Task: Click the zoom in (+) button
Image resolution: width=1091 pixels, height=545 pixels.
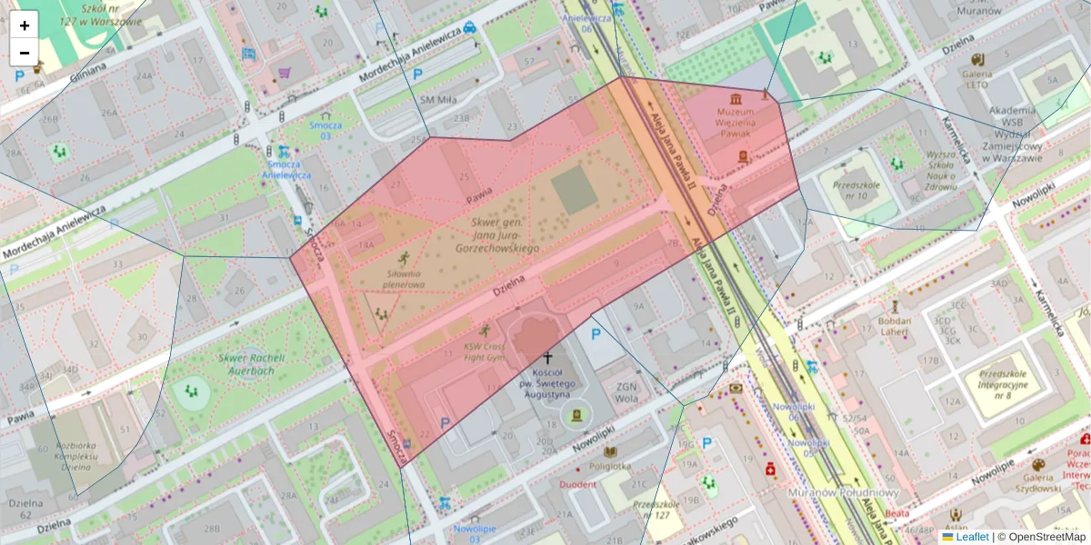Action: point(25,25)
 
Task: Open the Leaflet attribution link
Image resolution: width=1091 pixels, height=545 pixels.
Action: point(971,537)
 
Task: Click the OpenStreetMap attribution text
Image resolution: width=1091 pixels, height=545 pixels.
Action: point(1046,537)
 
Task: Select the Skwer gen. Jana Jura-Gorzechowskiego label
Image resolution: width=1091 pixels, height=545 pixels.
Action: point(496,234)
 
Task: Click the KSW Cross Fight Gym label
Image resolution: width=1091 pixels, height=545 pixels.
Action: point(484,352)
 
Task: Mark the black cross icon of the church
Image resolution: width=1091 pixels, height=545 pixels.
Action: point(547,359)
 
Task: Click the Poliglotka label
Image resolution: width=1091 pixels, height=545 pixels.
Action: point(609,466)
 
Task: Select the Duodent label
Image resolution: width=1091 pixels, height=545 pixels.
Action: point(577,484)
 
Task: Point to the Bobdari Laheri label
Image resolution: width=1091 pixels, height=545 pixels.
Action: point(896,326)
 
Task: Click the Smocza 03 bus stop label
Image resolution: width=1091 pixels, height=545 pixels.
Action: point(325,131)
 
